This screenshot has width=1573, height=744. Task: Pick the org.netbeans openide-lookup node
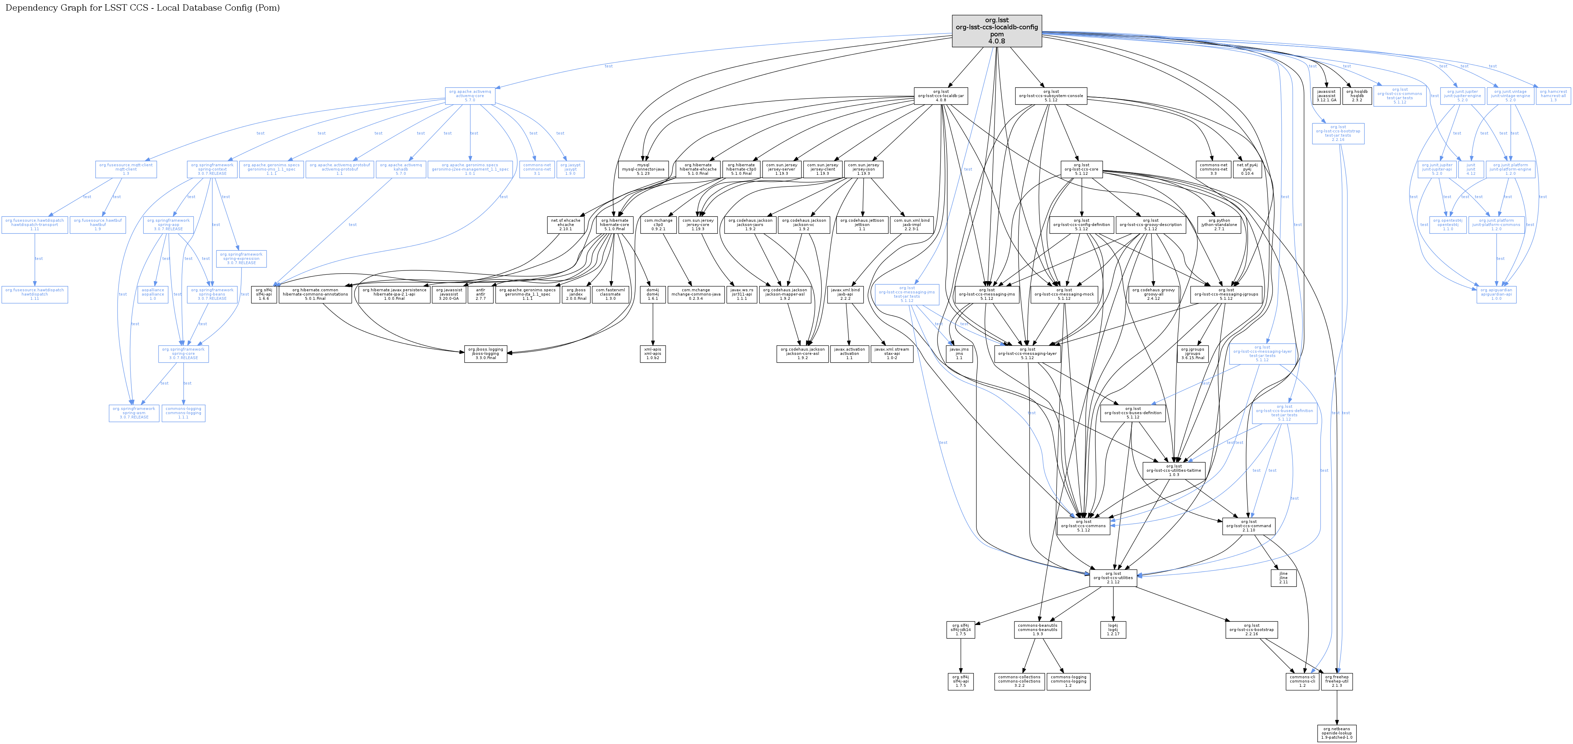click(1337, 733)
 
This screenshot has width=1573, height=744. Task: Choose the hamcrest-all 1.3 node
click(1553, 96)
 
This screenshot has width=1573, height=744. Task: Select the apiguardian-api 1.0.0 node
click(1496, 294)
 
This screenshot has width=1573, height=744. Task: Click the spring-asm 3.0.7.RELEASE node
click(134, 413)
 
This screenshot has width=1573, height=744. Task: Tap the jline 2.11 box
click(1283, 578)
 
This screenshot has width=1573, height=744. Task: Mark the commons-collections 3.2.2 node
click(1019, 681)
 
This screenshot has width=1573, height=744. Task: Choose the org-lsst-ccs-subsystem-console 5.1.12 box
click(1050, 96)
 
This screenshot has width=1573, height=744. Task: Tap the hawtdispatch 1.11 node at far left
click(35, 294)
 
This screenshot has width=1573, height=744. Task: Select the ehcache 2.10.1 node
click(565, 225)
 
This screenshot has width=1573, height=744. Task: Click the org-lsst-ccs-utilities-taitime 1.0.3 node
click(1174, 470)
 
